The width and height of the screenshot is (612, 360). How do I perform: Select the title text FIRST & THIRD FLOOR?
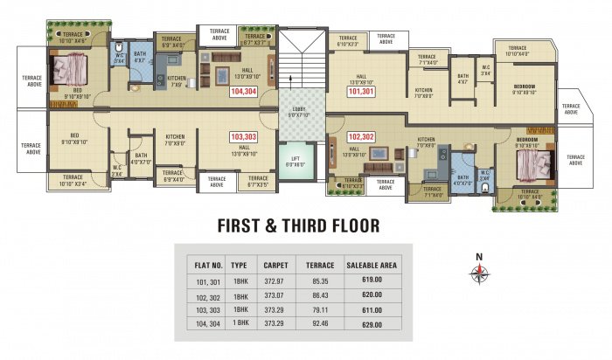[x=297, y=226]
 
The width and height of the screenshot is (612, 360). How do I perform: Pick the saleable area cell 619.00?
[x=372, y=280]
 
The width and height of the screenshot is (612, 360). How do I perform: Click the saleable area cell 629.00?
[x=372, y=322]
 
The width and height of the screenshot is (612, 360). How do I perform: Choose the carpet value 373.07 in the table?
[x=274, y=294]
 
